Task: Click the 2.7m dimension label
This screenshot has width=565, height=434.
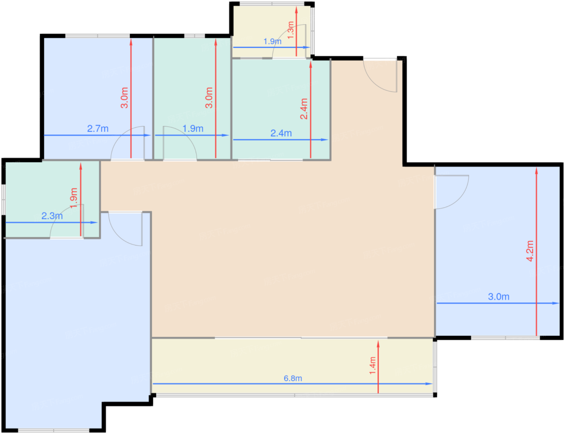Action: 98,129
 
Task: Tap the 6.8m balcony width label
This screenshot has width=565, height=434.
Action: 293,378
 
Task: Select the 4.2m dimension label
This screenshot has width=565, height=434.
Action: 530,251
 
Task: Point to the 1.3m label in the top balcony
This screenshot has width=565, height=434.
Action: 291,30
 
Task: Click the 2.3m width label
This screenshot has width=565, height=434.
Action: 52,216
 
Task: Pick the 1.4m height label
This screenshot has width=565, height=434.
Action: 372,365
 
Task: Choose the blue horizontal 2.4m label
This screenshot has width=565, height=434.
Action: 281,133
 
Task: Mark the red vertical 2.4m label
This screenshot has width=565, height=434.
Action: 304,109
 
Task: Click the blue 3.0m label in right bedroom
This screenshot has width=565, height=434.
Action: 498,297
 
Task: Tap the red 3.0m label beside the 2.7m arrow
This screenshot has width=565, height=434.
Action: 125,98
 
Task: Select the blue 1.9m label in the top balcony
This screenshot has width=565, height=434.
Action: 272,41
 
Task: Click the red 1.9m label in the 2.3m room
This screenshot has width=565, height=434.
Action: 73,198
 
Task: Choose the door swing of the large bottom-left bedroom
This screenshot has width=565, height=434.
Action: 125,230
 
